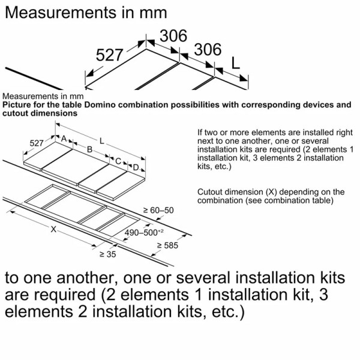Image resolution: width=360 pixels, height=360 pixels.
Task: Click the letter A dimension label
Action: point(64,138)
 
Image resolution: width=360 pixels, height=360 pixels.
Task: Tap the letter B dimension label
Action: point(89,149)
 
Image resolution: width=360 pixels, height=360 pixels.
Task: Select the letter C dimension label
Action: point(118,161)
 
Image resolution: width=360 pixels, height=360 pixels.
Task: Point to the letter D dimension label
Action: point(136,167)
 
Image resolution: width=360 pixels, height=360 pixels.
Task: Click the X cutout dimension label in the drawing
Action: point(53,229)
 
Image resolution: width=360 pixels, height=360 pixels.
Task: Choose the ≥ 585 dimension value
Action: point(167,245)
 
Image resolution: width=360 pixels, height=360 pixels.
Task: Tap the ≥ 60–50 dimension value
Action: point(158,210)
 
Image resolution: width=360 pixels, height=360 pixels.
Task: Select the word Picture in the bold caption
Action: point(18,105)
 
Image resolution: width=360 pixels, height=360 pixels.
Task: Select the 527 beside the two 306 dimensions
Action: point(109,55)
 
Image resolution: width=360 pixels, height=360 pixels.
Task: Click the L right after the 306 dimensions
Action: point(237,62)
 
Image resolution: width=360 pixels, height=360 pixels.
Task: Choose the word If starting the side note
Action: point(200,132)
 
